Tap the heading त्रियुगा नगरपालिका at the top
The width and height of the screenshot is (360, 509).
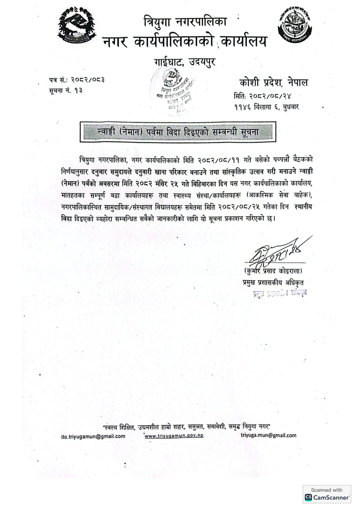point(185,22)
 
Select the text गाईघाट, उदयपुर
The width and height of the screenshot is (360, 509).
point(185,62)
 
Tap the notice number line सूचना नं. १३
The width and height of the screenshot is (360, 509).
point(66,90)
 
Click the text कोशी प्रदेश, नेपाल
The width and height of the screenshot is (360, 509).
point(274,82)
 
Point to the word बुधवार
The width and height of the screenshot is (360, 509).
point(291,107)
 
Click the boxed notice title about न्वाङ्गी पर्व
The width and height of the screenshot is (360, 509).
point(178,132)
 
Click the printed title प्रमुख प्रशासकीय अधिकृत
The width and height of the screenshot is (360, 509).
point(273,282)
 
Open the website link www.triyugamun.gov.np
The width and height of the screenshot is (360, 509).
point(174,435)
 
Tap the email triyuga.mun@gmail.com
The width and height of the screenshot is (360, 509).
point(268,435)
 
